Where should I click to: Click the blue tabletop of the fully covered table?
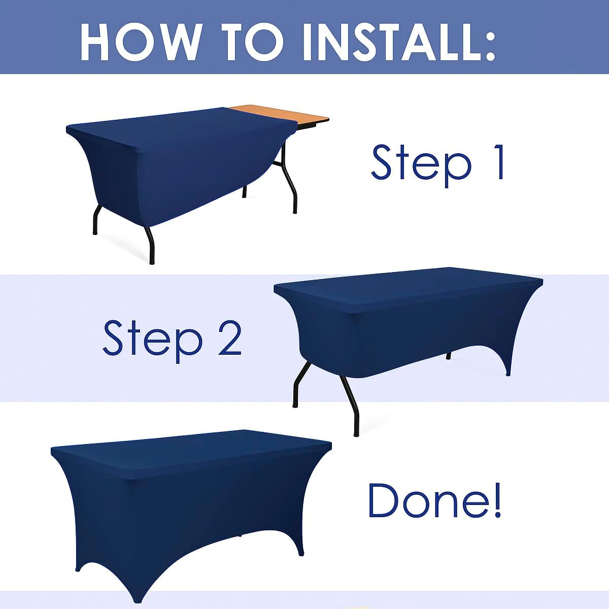click(x=190, y=453)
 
